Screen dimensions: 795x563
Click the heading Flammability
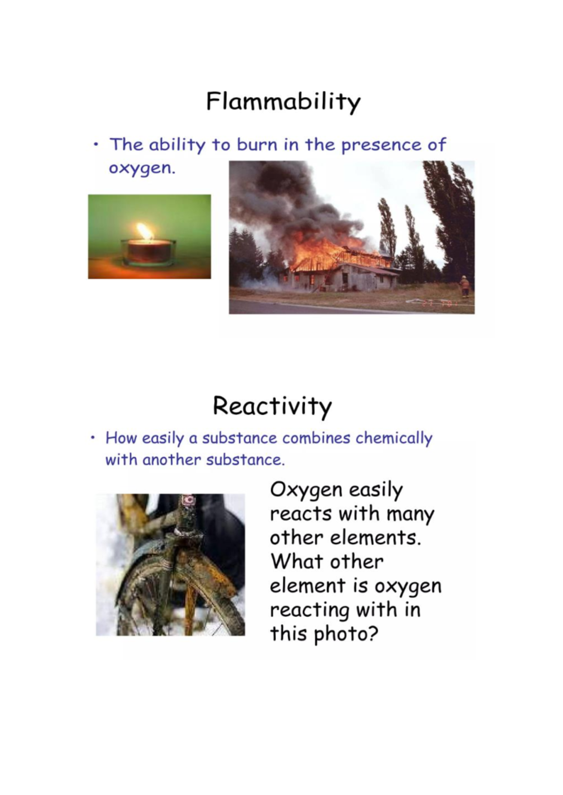283,102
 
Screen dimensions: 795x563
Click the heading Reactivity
272,406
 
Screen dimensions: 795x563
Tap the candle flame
145,231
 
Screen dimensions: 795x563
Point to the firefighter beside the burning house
464,286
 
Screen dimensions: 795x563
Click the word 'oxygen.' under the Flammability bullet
142,168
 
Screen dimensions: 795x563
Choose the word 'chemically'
394,438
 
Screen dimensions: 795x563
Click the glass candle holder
148,253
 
